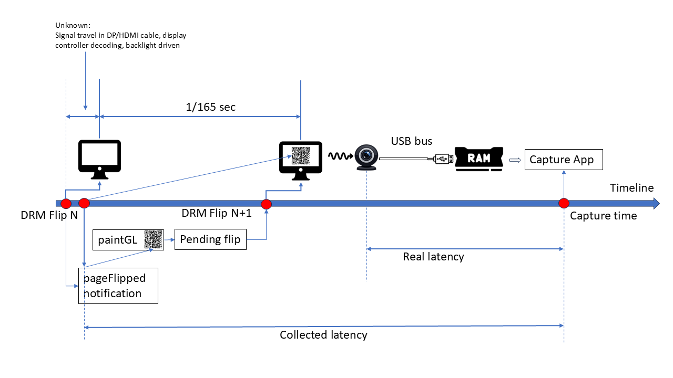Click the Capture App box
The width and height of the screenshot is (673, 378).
point(563,160)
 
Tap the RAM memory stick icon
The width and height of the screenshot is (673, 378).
point(478,158)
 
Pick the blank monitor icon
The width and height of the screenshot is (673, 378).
point(99,157)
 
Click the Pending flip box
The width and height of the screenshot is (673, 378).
point(210,239)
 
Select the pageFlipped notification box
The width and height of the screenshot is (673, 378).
point(118,286)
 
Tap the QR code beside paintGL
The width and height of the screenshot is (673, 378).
point(154,239)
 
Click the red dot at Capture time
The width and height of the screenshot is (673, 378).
point(564,203)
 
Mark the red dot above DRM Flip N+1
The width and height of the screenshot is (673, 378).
point(266,204)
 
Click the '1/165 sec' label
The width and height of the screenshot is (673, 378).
point(211,107)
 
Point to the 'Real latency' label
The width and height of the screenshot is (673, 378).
point(433,257)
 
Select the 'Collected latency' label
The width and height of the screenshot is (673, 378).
point(323,335)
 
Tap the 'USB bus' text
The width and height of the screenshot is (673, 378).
point(411,141)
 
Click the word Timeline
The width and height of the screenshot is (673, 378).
point(631,188)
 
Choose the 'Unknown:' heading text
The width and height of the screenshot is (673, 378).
point(73,26)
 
